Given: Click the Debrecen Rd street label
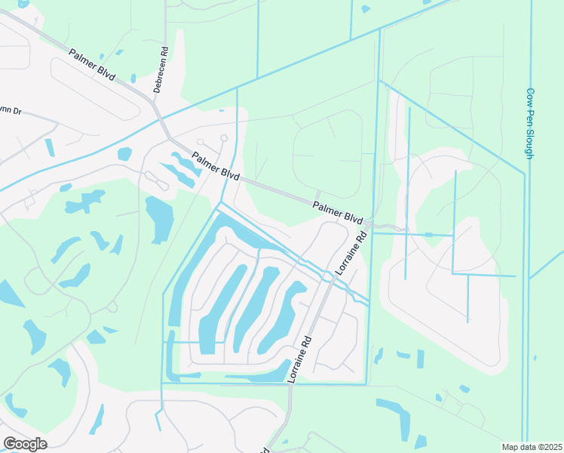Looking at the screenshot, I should pyautogui.click(x=160, y=70).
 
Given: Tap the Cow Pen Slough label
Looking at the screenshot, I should pyautogui.click(x=530, y=123).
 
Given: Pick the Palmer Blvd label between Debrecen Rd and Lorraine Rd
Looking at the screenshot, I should pyautogui.click(x=215, y=166).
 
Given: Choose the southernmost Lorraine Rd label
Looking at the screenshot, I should pyautogui.click(x=299, y=360).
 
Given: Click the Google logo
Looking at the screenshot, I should pyautogui.click(x=25, y=444).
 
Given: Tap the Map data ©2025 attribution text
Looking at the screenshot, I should pyautogui.click(x=532, y=447).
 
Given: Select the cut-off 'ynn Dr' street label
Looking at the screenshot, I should pyautogui.click(x=11, y=112).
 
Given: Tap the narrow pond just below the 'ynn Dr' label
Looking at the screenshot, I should pyautogui.click(x=49, y=147).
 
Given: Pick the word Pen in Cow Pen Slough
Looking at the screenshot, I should pyautogui.click(x=530, y=116).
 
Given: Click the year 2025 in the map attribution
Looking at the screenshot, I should pyautogui.click(x=553, y=447).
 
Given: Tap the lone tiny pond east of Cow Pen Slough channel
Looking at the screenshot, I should pyautogui.click(x=535, y=357).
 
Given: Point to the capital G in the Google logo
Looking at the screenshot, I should pyautogui.click(x=9, y=444).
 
